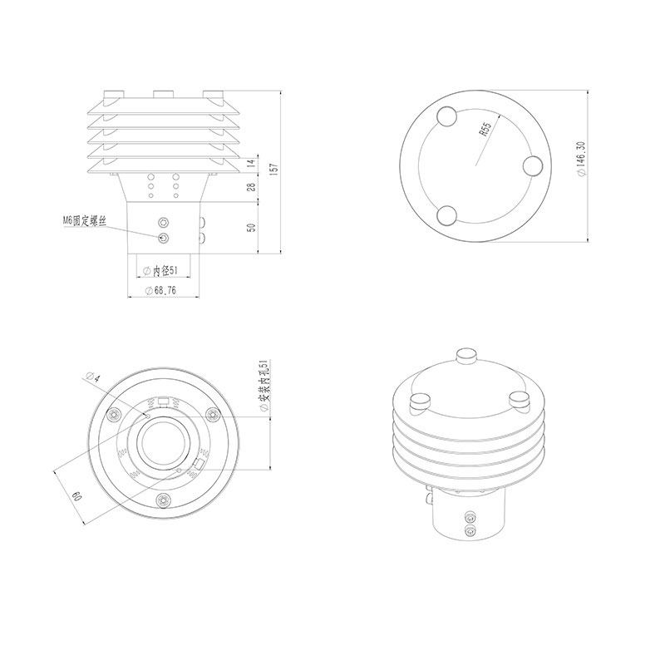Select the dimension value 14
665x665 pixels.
[x=252, y=164]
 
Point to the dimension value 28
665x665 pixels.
[x=252, y=189]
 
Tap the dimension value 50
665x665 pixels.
[x=252, y=227]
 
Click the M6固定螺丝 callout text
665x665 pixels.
[x=86, y=220]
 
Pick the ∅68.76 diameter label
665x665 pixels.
[x=160, y=290]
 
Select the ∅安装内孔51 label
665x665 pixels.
[x=263, y=389]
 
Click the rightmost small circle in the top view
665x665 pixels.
[x=533, y=165]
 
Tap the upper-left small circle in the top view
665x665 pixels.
[x=446, y=115]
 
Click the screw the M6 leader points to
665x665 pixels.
[x=163, y=238]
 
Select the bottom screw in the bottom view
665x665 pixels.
[x=164, y=499]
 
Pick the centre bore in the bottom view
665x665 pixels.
[x=163, y=441]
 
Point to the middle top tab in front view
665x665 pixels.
[x=163, y=91]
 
